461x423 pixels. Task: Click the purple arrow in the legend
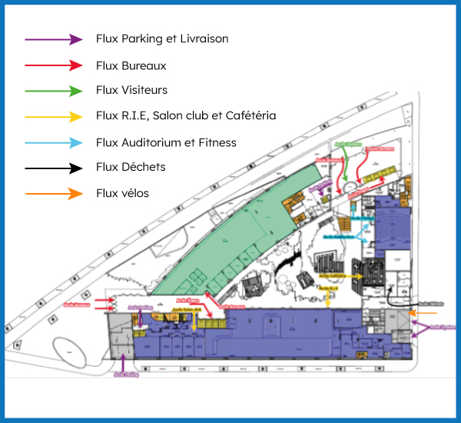pyautogui.click(x=53, y=39)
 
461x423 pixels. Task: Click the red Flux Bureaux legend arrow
pyautogui.click(x=53, y=66)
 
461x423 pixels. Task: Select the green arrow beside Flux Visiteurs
pyautogui.click(x=53, y=91)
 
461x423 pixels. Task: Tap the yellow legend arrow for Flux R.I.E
pyautogui.click(x=53, y=117)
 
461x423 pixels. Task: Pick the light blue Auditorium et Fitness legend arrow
pyautogui.click(x=53, y=143)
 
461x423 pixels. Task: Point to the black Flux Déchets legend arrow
pyautogui.click(x=53, y=168)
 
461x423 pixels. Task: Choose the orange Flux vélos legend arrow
pyautogui.click(x=53, y=194)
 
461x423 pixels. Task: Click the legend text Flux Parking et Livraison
pyautogui.click(x=162, y=38)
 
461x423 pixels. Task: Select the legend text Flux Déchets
pyautogui.click(x=131, y=167)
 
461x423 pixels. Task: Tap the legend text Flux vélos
pyautogui.click(x=123, y=193)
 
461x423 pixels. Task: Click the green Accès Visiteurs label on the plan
pyautogui.click(x=347, y=144)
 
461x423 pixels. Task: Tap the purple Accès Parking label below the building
pyautogui.click(x=124, y=375)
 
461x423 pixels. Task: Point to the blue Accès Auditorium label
pyautogui.click(x=338, y=237)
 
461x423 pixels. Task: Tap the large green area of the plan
pyautogui.click(x=230, y=231)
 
